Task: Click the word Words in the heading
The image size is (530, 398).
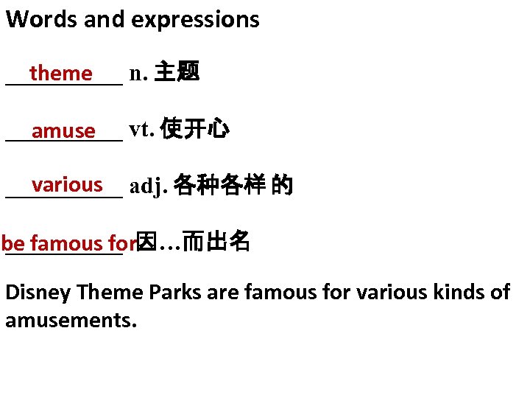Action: click(x=42, y=20)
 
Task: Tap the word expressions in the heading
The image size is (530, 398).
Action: click(x=195, y=20)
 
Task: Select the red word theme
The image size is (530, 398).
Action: click(x=62, y=74)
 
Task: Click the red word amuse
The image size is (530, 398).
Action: click(x=64, y=131)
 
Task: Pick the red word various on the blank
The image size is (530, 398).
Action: click(x=67, y=185)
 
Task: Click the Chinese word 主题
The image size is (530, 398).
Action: click(x=177, y=73)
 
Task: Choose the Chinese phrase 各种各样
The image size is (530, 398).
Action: click(x=219, y=186)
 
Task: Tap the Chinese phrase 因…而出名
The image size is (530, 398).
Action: click(x=194, y=241)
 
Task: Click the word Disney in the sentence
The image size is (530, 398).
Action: click(x=38, y=293)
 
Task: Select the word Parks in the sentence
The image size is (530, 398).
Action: click(x=174, y=293)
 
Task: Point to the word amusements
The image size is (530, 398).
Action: click(x=71, y=321)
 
